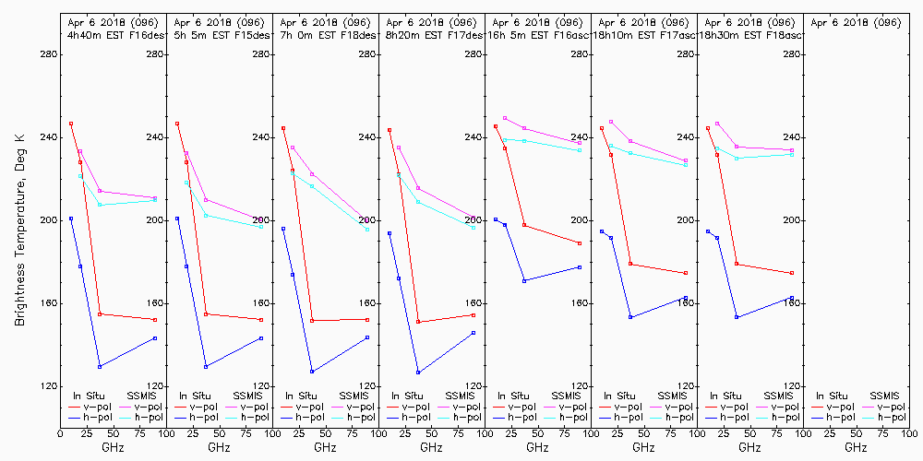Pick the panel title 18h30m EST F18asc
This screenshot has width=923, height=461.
pyautogui.click(x=749, y=34)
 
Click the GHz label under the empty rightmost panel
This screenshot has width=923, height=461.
pyautogui.click(x=856, y=447)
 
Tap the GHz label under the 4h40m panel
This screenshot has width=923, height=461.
pyautogui.click(x=113, y=447)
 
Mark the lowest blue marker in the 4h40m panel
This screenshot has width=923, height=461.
pyautogui.click(x=100, y=366)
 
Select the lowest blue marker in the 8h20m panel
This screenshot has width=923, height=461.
pyautogui.click(x=418, y=372)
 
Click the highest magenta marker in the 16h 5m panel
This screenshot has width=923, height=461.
pyautogui.click(x=505, y=118)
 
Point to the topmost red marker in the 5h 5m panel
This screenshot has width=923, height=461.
pyautogui.click(x=177, y=124)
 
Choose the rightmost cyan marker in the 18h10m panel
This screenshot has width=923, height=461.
pyautogui.click(x=686, y=165)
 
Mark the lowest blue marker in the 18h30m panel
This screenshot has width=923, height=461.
pyautogui.click(x=737, y=317)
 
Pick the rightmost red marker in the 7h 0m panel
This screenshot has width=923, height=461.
pyautogui.click(x=367, y=320)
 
